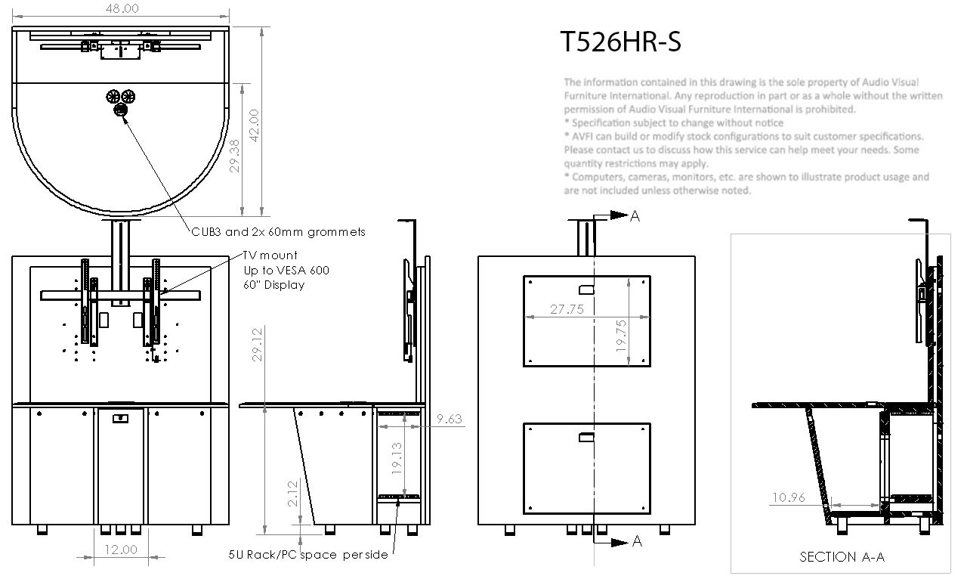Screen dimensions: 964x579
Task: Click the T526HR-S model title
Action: [620, 42]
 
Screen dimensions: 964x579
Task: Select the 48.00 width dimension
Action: [122, 8]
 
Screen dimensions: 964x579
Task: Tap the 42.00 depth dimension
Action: [255, 125]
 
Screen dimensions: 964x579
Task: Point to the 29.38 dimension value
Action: [234, 156]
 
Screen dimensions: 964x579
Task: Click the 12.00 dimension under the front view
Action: [121, 550]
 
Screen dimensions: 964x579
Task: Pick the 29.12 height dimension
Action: [257, 345]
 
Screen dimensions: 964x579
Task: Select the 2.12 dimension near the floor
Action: [292, 494]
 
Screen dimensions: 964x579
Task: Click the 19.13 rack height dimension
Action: [397, 459]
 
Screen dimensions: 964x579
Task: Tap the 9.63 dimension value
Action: [450, 419]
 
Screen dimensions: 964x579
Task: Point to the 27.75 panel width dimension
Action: [567, 309]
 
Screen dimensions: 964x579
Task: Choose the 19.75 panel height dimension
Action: [621, 336]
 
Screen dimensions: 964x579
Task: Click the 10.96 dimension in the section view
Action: [789, 497]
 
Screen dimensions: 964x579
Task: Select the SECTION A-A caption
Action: [842, 557]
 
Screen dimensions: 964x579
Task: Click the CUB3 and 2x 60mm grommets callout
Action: [278, 232]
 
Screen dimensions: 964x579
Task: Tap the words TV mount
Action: [270, 255]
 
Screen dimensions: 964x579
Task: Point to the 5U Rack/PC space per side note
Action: [308, 555]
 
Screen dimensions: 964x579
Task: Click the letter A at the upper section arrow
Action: [635, 216]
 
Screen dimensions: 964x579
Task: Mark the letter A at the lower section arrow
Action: [638, 541]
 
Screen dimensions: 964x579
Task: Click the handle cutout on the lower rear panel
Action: [586, 438]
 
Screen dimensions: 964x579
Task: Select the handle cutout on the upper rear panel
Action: [586, 289]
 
